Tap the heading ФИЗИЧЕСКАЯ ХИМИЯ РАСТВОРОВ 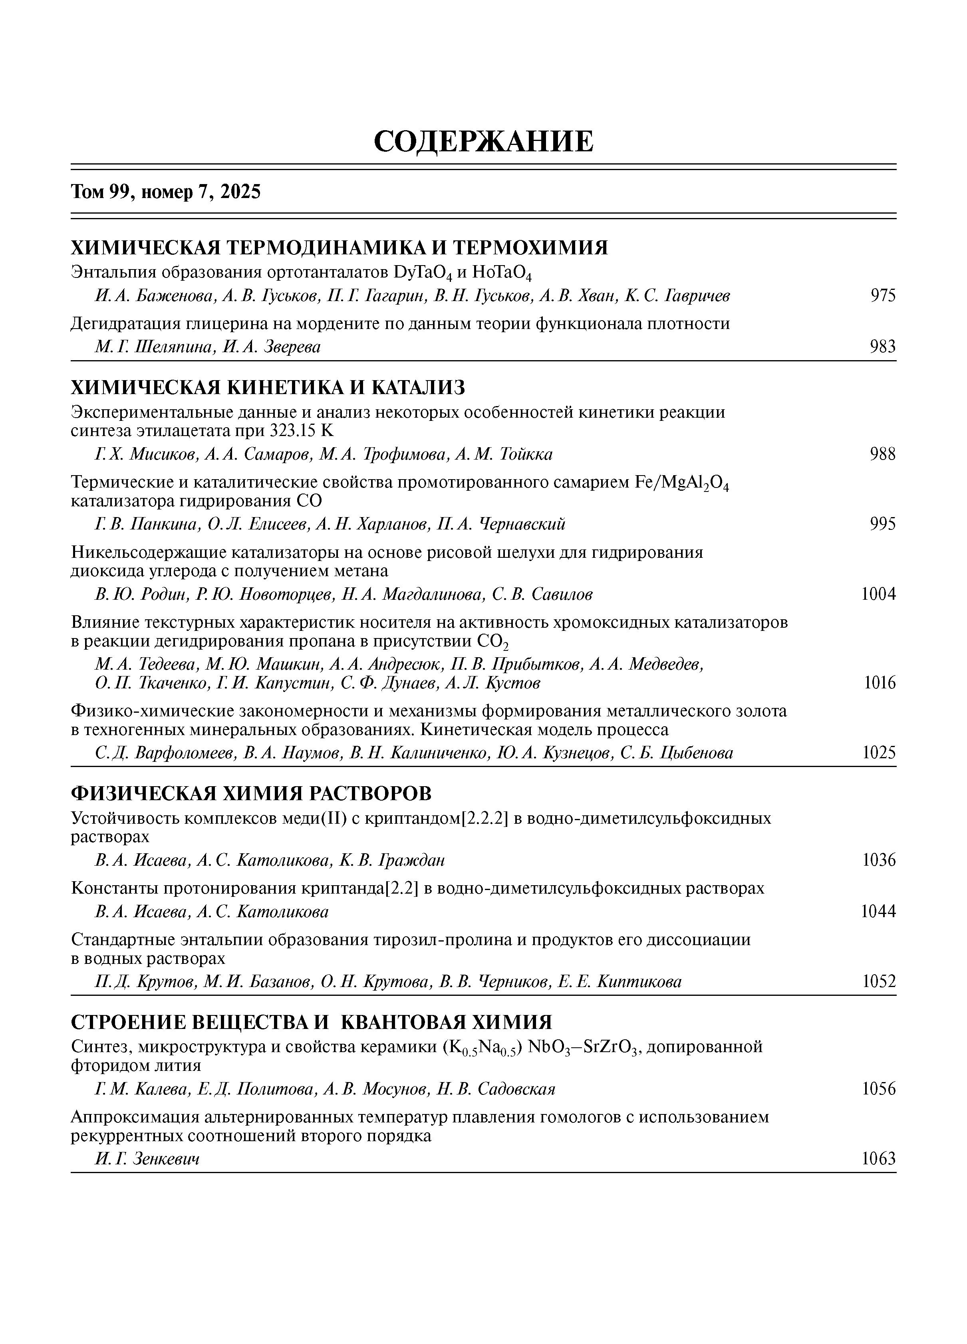pyautogui.click(x=251, y=793)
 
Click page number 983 pyautogui.click(x=883, y=347)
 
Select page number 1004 pyautogui.click(x=878, y=594)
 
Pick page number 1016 pyautogui.click(x=879, y=683)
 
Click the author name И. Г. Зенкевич pyautogui.click(x=147, y=1158)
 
